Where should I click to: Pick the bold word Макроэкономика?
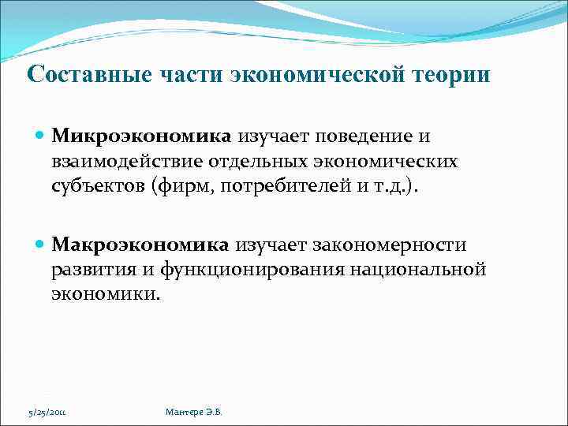[x=140, y=245]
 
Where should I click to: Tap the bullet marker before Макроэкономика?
[x=41, y=246]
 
